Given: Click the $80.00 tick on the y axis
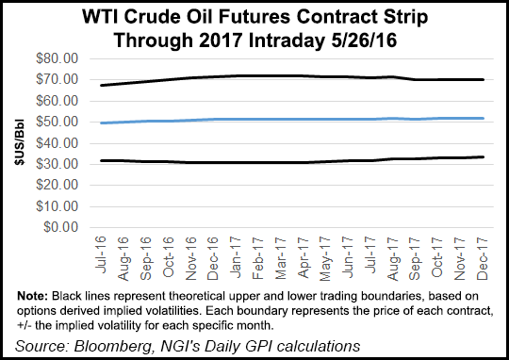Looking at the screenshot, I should tap(56, 58).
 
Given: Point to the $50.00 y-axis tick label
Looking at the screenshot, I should tap(56, 122).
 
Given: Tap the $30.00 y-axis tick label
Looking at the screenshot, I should tap(56, 164).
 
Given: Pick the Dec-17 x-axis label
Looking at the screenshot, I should tap(480, 253).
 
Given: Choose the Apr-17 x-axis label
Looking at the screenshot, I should tap(305, 253).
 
